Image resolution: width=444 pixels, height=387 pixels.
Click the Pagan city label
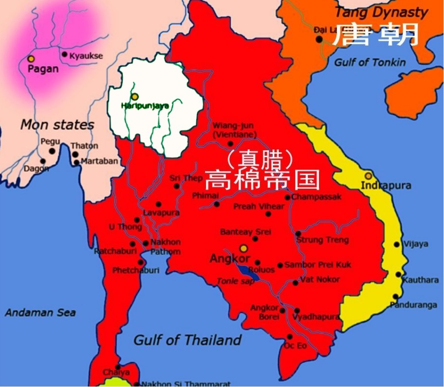tap(43, 69)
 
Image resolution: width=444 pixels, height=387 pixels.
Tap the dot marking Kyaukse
tap(65, 55)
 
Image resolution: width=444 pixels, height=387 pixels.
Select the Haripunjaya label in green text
tap(145, 106)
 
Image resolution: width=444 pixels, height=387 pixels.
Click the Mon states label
tap(57, 125)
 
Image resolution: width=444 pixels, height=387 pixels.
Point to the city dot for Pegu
tap(52, 151)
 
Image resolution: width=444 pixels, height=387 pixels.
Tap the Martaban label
tap(99, 161)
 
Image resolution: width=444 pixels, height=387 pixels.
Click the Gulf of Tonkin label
tap(370, 62)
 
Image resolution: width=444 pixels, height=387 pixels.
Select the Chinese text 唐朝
tap(375, 35)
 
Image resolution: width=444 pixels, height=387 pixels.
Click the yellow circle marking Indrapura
tap(368, 176)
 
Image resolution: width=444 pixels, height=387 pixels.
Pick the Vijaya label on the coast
tap(416, 244)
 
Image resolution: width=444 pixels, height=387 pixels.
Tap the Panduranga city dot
tap(395, 297)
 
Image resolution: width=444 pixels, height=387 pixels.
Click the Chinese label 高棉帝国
tap(261, 180)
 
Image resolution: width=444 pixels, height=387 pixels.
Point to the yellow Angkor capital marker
tap(244, 248)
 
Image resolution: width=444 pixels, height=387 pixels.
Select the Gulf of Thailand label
tap(187, 340)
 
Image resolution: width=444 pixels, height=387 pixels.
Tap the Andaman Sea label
tap(40, 313)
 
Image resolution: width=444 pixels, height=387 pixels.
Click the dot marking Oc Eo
tap(289, 337)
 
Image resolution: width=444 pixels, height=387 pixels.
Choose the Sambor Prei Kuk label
tap(318, 265)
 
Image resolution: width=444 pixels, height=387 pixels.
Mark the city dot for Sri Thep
tap(177, 186)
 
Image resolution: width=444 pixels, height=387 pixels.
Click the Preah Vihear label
tap(259, 207)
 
